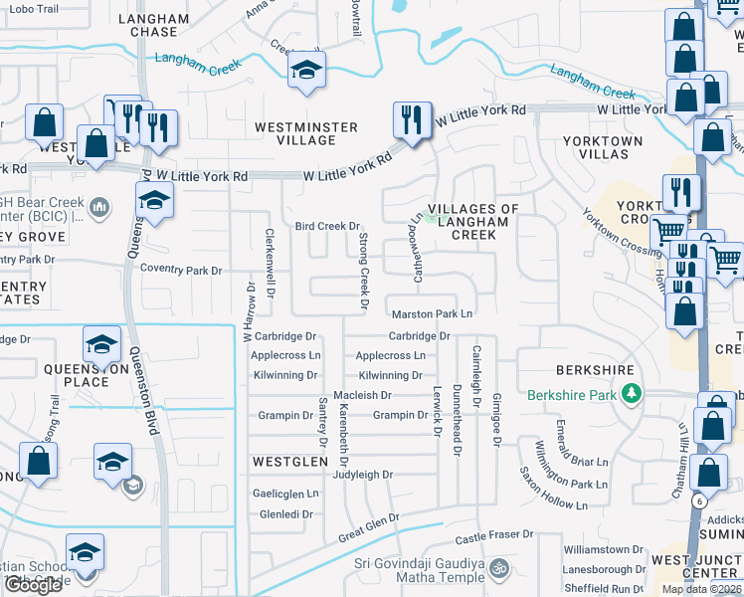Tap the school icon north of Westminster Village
[x=306, y=71]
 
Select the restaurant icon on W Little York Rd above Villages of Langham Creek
[x=411, y=119]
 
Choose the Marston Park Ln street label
[x=431, y=314]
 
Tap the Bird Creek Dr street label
[x=326, y=227]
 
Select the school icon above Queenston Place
[x=101, y=344]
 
